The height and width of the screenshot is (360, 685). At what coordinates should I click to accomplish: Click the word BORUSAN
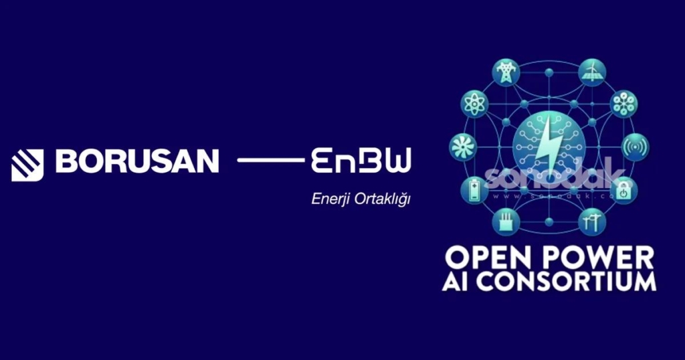tap(137, 161)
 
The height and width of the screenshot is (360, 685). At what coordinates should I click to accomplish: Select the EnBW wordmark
tap(361, 161)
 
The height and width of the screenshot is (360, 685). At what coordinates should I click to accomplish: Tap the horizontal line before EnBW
tap(271, 161)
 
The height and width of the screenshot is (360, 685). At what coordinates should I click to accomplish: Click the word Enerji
tap(330, 199)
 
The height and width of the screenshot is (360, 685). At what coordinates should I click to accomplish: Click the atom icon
tap(474, 104)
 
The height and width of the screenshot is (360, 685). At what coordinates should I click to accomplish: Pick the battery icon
tap(474, 190)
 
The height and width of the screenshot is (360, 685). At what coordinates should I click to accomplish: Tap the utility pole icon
tap(589, 221)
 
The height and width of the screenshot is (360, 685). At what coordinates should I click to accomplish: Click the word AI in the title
tap(454, 281)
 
